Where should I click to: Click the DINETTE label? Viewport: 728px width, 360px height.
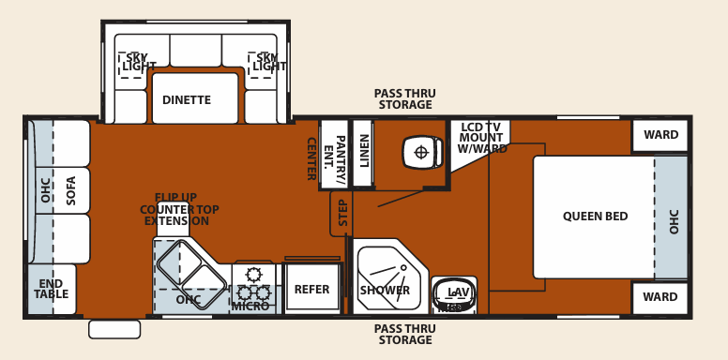tap(187, 100)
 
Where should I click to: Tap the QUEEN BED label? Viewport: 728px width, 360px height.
tap(595, 217)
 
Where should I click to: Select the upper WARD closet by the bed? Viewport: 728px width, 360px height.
tap(660, 135)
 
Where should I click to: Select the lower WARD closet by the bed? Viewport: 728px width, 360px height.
tap(660, 297)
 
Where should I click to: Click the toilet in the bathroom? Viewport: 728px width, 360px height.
tap(421, 152)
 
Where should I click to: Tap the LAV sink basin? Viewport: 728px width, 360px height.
tap(455, 294)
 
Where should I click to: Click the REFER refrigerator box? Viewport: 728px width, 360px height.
tap(311, 290)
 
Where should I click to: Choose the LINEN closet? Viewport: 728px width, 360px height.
tap(364, 152)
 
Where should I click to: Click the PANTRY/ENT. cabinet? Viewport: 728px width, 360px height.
tap(334, 152)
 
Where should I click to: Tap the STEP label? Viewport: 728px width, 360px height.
tap(342, 213)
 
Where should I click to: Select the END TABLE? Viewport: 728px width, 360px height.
tap(51, 289)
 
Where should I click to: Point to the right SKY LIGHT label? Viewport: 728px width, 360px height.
tap(268, 63)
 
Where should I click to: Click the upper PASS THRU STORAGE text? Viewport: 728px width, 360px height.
tap(404, 99)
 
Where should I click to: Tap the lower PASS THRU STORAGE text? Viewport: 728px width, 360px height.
tap(404, 335)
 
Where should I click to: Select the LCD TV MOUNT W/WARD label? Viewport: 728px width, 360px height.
tap(482, 138)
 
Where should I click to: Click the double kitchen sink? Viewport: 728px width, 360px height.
tap(190, 273)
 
